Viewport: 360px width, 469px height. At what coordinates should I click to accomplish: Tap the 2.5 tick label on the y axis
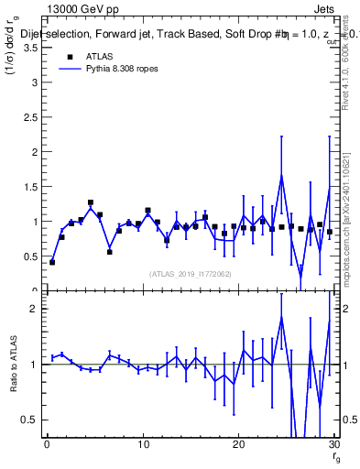pyautogui.click(x=31, y=117)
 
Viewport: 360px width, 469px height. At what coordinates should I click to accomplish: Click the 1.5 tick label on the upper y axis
pyautogui.click(x=31, y=187)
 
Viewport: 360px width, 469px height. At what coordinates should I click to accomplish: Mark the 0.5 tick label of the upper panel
pyautogui.click(x=31, y=256)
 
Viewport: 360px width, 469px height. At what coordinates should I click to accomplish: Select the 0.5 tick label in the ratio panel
pyautogui.click(x=31, y=420)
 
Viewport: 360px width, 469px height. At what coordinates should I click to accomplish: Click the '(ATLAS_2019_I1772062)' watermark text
pyautogui.click(x=190, y=273)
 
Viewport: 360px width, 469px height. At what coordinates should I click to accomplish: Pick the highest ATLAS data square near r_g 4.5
pyautogui.click(x=91, y=202)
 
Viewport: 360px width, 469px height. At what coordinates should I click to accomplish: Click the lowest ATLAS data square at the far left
pyautogui.click(x=52, y=262)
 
